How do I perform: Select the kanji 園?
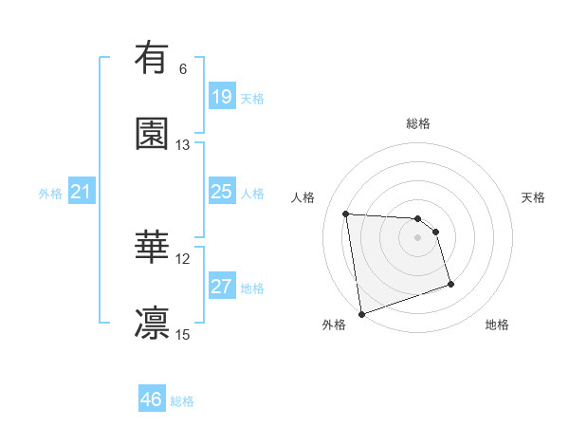[152, 134]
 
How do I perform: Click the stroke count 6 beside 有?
[183, 69]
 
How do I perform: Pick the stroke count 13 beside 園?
[183, 145]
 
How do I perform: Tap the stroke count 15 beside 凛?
[183, 335]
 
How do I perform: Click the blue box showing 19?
[221, 97]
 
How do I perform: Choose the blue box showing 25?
[221, 192]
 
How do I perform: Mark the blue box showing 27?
[221, 287]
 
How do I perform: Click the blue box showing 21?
[82, 193]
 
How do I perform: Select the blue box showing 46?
[151, 400]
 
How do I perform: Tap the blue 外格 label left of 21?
[50, 194]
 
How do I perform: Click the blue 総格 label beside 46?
[182, 401]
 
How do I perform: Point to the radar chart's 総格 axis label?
[418, 123]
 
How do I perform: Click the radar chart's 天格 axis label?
[534, 197]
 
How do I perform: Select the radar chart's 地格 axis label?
[497, 325]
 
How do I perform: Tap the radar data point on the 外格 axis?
[361, 313]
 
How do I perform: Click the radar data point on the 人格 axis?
[346, 214]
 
